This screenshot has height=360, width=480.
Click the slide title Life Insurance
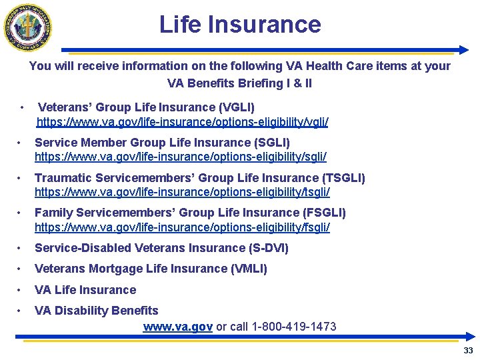tap(240, 25)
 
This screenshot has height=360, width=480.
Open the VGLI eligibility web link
tap(182, 123)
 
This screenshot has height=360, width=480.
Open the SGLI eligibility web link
tap(180, 157)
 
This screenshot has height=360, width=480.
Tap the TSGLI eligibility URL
tap(182, 192)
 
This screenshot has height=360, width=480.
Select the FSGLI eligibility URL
tap(182, 227)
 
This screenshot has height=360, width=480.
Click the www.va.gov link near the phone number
tap(178, 327)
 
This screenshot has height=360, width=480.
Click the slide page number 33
tap(468, 351)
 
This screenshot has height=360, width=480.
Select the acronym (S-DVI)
tap(269, 248)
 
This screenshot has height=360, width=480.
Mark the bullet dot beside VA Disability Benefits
tap(21, 311)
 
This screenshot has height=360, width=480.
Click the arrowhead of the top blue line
tap(464, 50)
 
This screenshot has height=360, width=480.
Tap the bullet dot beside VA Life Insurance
tap(21, 290)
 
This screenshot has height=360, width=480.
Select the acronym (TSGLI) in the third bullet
tap(343, 178)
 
